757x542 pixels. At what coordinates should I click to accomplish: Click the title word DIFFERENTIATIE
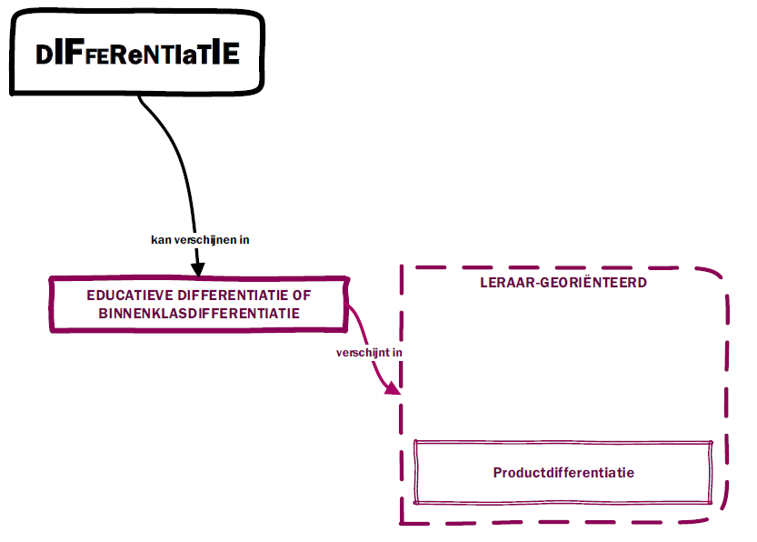[137, 54]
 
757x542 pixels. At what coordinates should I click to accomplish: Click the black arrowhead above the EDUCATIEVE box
[196, 268]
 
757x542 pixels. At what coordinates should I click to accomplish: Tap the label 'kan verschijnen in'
[200, 240]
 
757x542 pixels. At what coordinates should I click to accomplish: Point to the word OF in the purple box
[303, 296]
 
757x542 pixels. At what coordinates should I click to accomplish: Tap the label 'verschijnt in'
[370, 352]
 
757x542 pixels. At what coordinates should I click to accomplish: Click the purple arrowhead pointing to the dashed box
[393, 388]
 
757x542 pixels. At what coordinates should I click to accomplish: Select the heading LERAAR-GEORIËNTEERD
[563, 283]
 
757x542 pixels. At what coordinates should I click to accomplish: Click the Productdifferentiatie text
[563, 473]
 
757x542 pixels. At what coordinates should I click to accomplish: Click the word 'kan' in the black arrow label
[160, 240]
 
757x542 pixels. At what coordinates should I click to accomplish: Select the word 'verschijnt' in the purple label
[363, 352]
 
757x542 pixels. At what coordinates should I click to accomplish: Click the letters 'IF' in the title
[65, 54]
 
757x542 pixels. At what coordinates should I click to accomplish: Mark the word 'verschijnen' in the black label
[206, 240]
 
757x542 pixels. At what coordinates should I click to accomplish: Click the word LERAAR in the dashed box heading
[505, 283]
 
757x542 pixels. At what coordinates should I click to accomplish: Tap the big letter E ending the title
[232, 54]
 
